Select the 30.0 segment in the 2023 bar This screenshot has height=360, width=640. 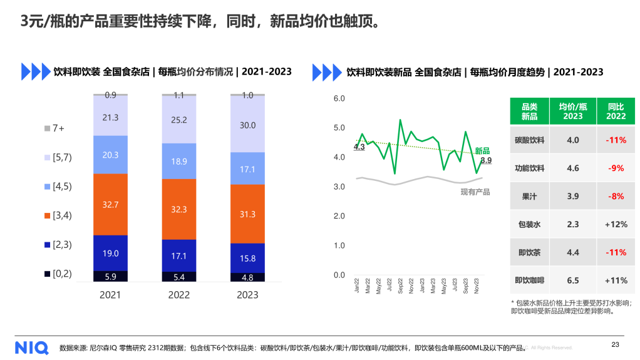(247, 125)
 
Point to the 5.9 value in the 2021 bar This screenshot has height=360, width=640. (110, 276)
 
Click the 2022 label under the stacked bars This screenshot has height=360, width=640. (179, 295)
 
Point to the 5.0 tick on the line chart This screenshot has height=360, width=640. (338, 128)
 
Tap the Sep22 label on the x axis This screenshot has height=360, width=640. (400, 285)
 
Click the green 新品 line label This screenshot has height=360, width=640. (482, 150)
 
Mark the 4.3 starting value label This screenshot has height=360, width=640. (359, 147)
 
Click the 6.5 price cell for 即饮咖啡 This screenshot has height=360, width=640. (573, 280)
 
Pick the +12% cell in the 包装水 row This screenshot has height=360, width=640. (616, 224)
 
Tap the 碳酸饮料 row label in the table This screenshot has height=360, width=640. (529, 140)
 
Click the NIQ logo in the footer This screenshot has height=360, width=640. (30, 347)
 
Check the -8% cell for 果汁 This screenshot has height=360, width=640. (616, 196)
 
